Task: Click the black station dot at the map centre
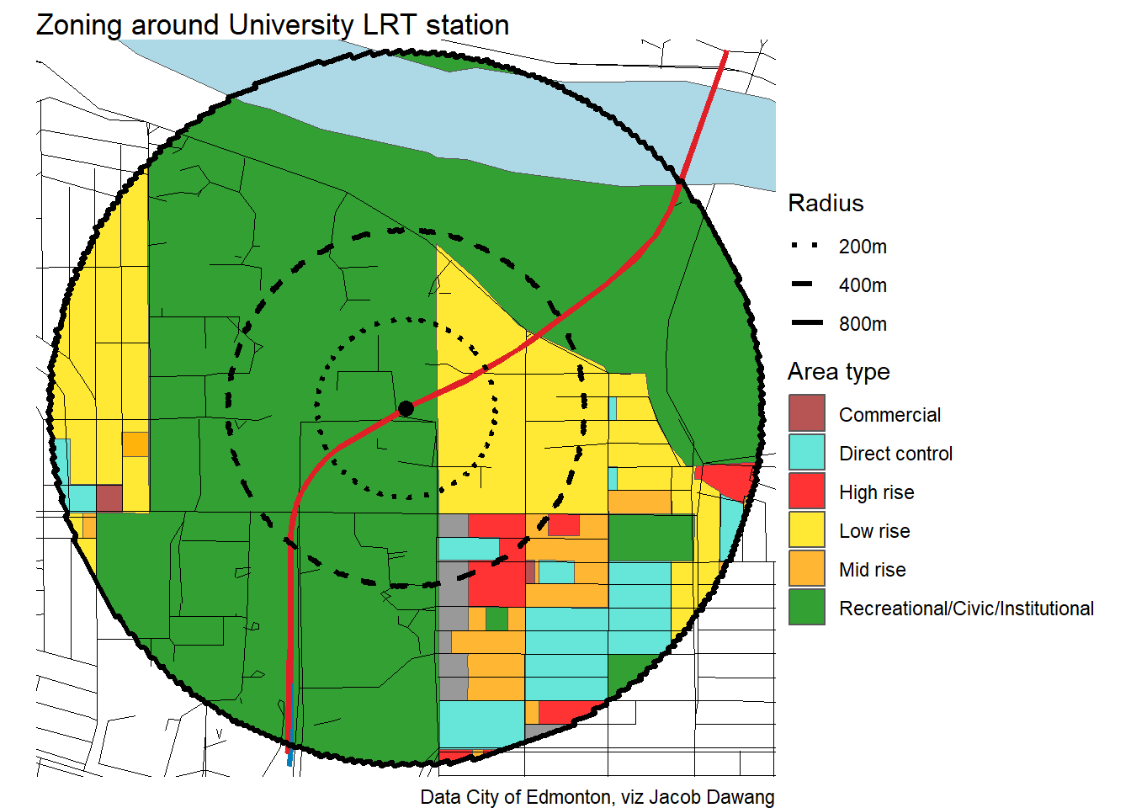(406, 409)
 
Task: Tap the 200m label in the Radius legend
(863, 247)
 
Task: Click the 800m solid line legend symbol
(806, 323)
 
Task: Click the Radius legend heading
(826, 204)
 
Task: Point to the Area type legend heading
(838, 372)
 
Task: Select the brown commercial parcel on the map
(109, 497)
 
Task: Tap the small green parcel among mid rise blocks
(496, 619)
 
